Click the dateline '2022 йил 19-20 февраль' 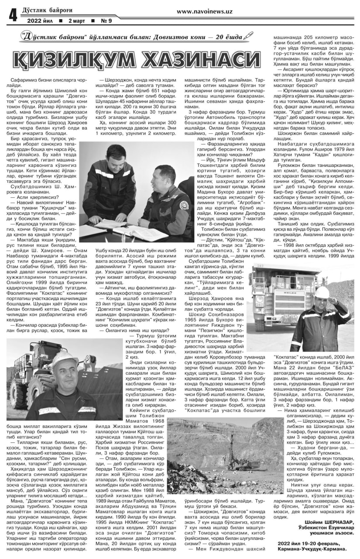tap(314, 544)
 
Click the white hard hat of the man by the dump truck tap(323, 291)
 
